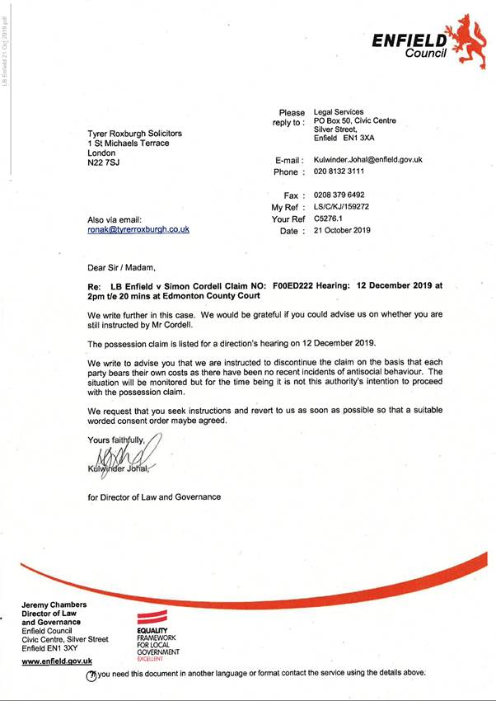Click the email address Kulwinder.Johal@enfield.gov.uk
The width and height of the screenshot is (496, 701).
pyautogui.click(x=367, y=159)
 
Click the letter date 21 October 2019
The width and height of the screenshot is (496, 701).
pyautogui.click(x=343, y=231)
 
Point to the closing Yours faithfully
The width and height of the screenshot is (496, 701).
pyautogui.click(x=117, y=440)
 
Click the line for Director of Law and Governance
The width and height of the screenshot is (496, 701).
pyautogui.click(x=154, y=496)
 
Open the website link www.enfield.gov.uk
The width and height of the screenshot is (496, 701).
pyautogui.click(x=56, y=661)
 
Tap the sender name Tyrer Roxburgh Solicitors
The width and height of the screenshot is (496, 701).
pyautogui.click(x=135, y=134)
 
